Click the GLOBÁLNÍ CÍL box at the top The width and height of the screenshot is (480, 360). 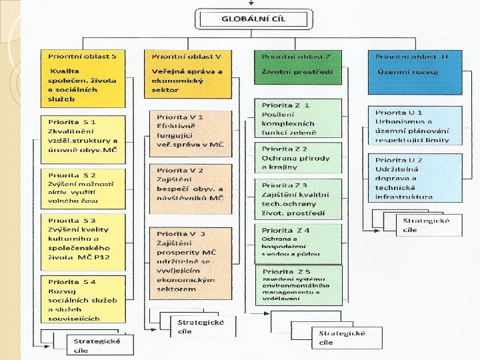(253, 19)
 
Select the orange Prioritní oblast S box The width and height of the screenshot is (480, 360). (83, 78)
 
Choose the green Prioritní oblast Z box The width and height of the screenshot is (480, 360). (298, 72)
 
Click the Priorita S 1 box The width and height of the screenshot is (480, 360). (83, 140)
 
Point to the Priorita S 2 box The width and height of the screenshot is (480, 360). (83, 189)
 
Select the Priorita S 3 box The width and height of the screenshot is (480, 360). (83, 241)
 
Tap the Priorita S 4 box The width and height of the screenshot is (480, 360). (83, 299)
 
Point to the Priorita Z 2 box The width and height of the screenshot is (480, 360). (297, 158)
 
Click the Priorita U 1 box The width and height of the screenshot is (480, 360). (416, 126)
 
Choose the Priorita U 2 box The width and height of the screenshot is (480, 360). (416, 178)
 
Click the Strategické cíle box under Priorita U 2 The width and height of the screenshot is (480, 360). (427, 225)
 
